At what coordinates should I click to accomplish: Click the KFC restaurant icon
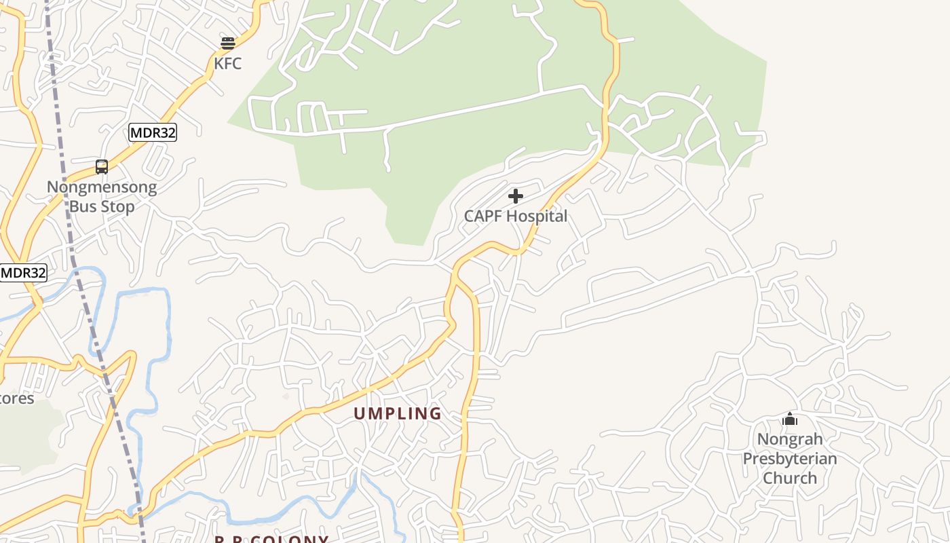[x=228, y=43]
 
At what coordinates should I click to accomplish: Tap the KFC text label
[x=228, y=64]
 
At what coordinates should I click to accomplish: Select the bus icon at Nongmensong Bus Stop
[x=102, y=166]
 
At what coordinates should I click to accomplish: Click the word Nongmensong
[x=102, y=187]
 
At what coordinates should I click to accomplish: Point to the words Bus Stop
[x=102, y=206]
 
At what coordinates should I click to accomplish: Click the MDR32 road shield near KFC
[x=153, y=132]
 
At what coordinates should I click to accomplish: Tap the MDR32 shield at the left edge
[x=24, y=273]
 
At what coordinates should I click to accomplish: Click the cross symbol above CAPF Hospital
[x=516, y=196]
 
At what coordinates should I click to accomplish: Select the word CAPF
[x=484, y=217]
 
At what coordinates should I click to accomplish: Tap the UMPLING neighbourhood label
[x=398, y=413]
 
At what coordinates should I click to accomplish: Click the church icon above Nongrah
[x=789, y=419]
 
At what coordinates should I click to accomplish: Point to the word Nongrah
[x=790, y=439]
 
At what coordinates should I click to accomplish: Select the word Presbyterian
[x=790, y=458]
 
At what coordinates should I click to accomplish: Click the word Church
[x=790, y=478]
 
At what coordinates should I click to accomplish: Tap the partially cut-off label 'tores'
[x=16, y=398]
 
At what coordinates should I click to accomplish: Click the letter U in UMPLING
[x=360, y=413]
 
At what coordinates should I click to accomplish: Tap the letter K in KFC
[x=218, y=64]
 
